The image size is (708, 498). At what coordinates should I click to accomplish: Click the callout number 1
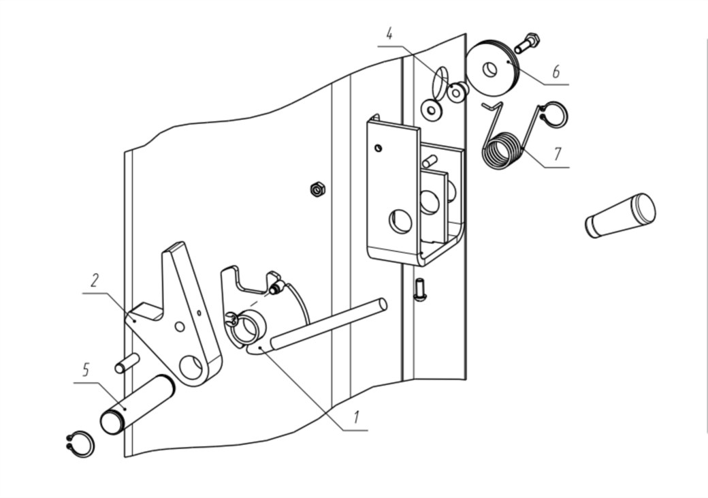tap(357, 417)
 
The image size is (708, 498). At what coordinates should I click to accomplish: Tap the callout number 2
tap(95, 280)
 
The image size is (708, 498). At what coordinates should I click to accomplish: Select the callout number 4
tap(389, 34)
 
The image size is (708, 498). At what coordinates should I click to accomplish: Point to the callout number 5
tap(86, 370)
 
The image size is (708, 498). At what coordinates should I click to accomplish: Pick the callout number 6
tap(556, 72)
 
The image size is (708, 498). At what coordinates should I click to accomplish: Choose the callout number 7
tap(558, 154)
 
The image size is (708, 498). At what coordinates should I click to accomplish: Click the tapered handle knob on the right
tap(620, 215)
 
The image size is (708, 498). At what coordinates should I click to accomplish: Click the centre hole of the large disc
tap(490, 69)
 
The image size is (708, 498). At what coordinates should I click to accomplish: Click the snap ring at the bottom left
tap(80, 445)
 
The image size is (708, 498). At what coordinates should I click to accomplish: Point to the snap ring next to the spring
tap(554, 114)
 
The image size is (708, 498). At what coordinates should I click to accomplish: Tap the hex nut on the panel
tap(318, 189)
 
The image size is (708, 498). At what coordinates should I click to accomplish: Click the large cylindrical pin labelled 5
tap(137, 405)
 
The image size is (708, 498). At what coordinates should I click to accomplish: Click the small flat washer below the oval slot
tap(431, 109)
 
